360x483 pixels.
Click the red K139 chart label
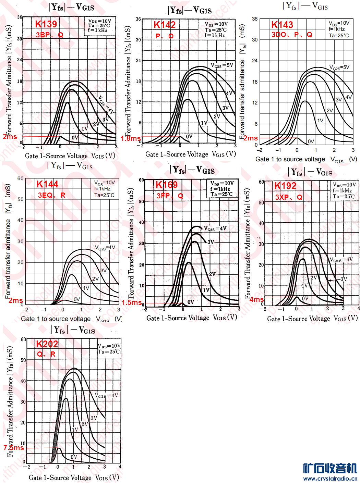pos(46,24)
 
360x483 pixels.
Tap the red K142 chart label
pos(165,25)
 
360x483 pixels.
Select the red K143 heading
pos(282,25)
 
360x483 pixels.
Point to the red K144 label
pos(47,184)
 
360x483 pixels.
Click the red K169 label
pos(167,185)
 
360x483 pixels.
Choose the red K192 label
pos(285,186)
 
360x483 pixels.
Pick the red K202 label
pos(47,344)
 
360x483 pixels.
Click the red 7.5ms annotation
pos(14,448)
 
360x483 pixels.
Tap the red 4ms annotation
pos(256,299)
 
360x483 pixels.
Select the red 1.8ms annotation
pos(131,138)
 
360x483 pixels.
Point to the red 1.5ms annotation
pos(132,302)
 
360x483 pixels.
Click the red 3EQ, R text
pos(51,195)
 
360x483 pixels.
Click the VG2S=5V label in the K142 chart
pos(222,65)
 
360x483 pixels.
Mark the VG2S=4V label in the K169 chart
pos(215,228)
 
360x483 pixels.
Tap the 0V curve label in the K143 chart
pos(311,141)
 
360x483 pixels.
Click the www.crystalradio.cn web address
pos(330,479)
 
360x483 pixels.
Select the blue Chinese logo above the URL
pos(330,468)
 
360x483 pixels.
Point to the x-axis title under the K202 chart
pos(74,478)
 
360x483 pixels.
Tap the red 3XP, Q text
pos(289,197)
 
